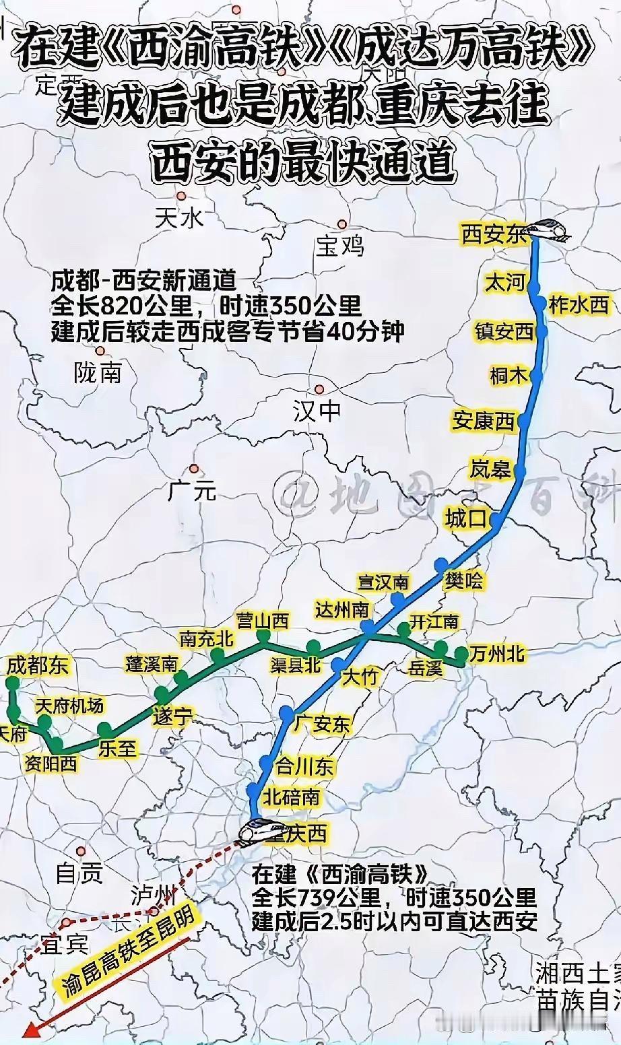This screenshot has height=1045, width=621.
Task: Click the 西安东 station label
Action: pyautogui.click(x=494, y=234)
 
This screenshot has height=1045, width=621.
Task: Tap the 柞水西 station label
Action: pyautogui.click(x=579, y=305)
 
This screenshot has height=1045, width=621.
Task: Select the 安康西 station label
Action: pyautogui.click(x=484, y=422)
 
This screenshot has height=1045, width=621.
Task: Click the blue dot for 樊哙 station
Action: pyautogui.click(x=442, y=565)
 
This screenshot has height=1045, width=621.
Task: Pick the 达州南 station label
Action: pyautogui.click(x=343, y=609)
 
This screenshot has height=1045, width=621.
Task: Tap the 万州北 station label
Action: pyautogui.click(x=498, y=653)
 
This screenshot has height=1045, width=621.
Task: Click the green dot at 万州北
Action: pyautogui.click(x=461, y=654)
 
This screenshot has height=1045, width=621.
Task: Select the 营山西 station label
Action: pyautogui.click(x=263, y=620)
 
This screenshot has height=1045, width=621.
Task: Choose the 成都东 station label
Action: pyautogui.click(x=38, y=666)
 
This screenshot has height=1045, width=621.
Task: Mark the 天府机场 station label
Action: pyautogui.click(x=69, y=705)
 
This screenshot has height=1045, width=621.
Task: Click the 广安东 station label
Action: pyautogui.click(x=322, y=724)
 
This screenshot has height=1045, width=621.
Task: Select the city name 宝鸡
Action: pyautogui.click(x=339, y=246)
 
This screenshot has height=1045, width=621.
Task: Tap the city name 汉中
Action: pyautogui.click(x=317, y=410)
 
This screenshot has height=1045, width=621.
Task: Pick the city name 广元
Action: pyautogui.click(x=193, y=491)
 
